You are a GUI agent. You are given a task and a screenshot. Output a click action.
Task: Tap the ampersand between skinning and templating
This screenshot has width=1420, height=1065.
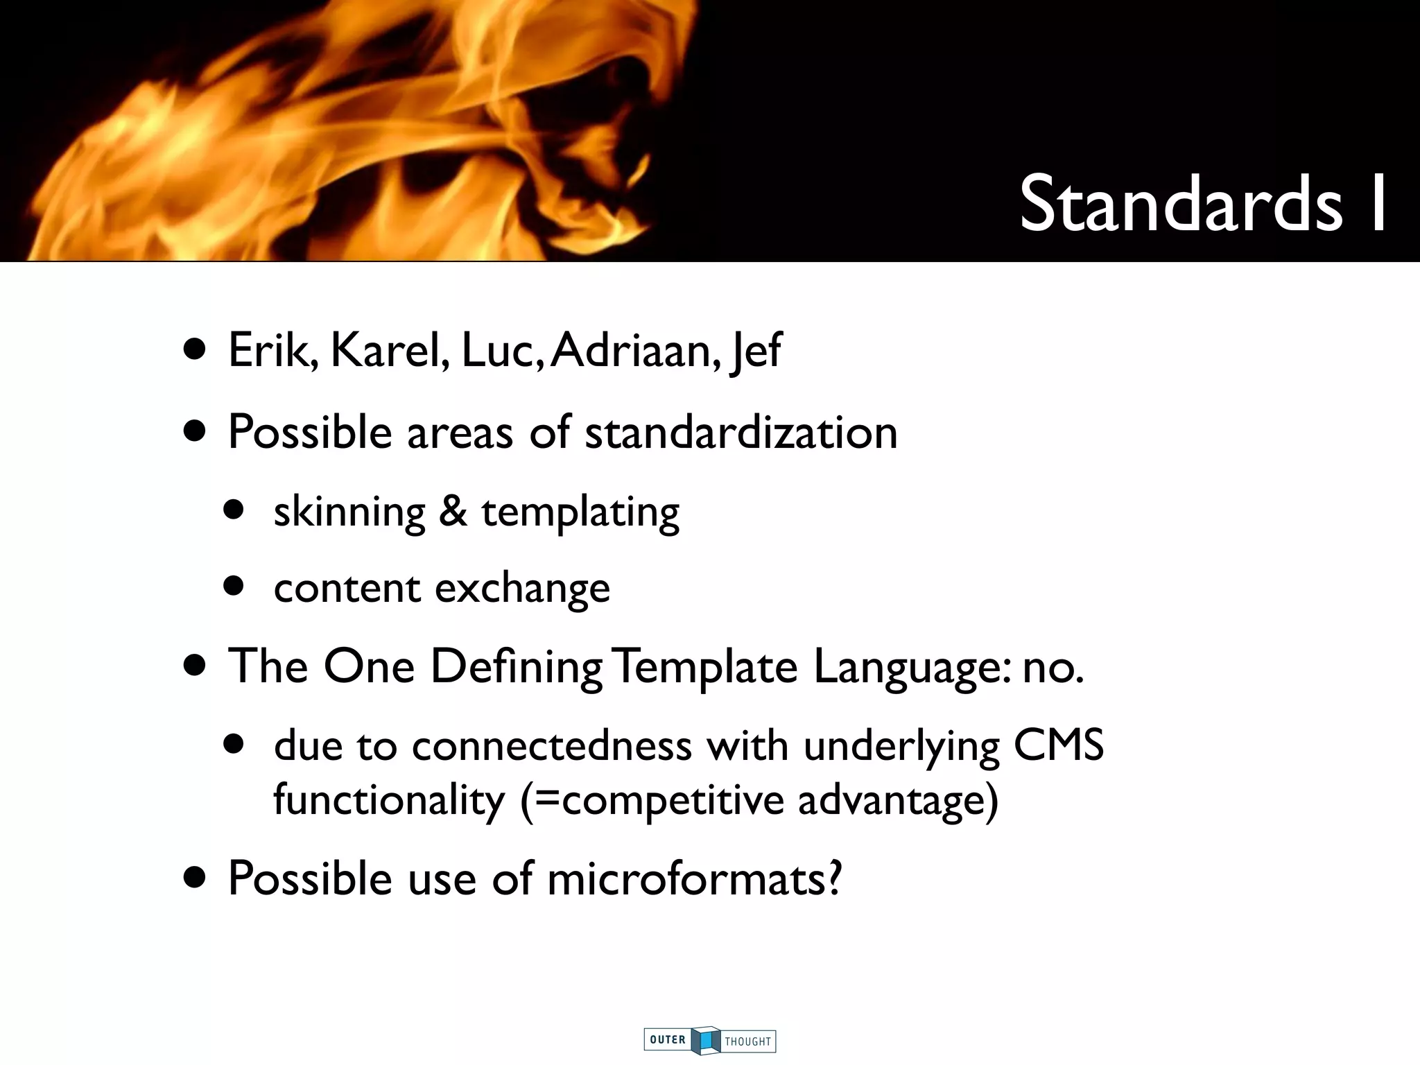click(x=453, y=512)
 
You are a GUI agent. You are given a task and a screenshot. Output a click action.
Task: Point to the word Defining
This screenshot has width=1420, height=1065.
click(x=516, y=668)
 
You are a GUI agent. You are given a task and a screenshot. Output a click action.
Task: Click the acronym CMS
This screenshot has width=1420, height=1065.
click(x=1059, y=746)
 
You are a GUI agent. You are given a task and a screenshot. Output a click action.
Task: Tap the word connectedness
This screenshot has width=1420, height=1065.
click(x=552, y=746)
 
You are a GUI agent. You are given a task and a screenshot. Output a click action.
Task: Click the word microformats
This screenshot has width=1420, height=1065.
click(x=694, y=878)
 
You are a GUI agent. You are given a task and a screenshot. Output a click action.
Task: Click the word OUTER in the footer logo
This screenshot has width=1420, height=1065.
click(x=668, y=1039)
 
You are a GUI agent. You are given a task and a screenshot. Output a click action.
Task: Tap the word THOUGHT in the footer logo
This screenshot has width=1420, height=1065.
click(x=747, y=1041)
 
